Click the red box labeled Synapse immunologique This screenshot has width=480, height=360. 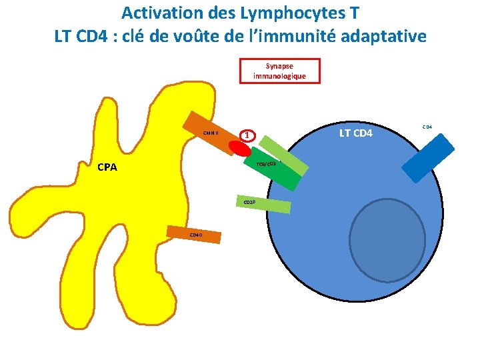click(x=279, y=71)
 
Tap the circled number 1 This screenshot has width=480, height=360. click(x=247, y=135)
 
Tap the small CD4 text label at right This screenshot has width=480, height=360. click(x=427, y=125)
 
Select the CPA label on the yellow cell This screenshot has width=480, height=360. click(x=106, y=167)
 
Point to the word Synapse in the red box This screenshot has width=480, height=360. click(x=279, y=66)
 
